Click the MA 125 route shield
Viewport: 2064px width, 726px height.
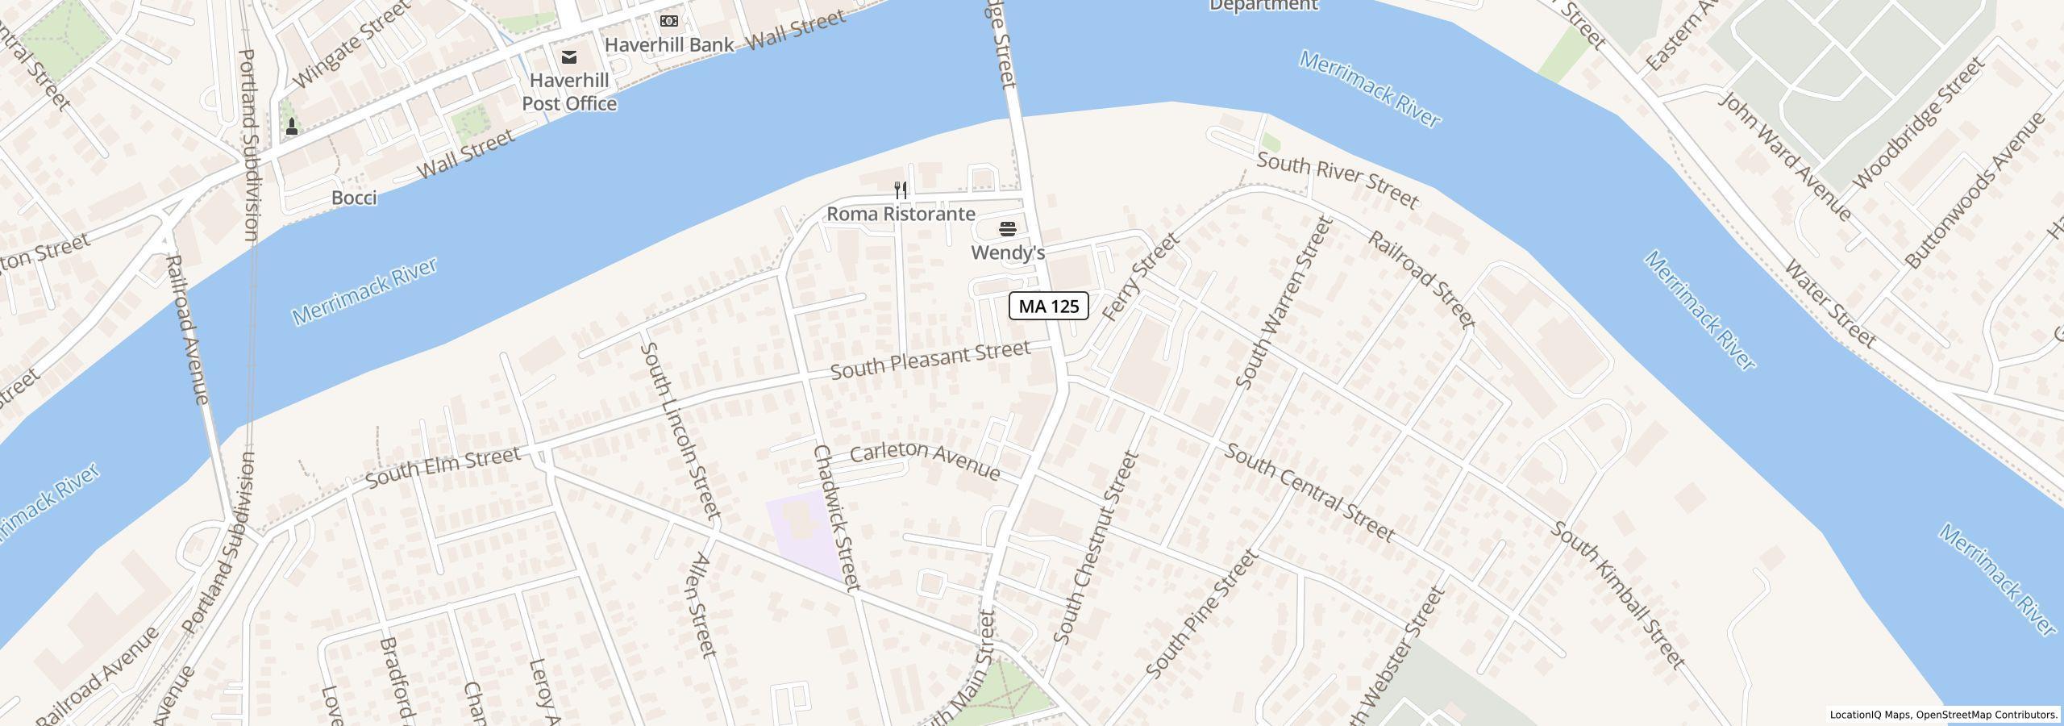point(1048,307)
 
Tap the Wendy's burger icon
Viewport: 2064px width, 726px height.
point(1007,229)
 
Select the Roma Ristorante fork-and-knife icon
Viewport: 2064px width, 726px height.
point(901,191)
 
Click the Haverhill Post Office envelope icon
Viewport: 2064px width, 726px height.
point(569,56)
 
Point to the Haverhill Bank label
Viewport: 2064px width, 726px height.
point(669,44)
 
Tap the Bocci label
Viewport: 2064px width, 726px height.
point(354,198)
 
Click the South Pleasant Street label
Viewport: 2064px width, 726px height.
point(930,361)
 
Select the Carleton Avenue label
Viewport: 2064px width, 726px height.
point(925,461)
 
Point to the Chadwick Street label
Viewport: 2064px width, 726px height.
point(837,517)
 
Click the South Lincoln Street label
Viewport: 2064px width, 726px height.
point(679,430)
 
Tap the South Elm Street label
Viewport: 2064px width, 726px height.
point(443,467)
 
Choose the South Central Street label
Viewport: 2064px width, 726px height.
point(1309,492)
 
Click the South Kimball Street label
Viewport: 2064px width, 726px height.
point(1618,595)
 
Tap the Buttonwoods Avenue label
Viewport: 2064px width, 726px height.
point(1975,190)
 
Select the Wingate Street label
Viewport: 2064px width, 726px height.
point(352,44)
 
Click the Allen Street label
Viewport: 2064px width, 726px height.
point(705,603)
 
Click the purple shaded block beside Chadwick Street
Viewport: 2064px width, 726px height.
point(802,536)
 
